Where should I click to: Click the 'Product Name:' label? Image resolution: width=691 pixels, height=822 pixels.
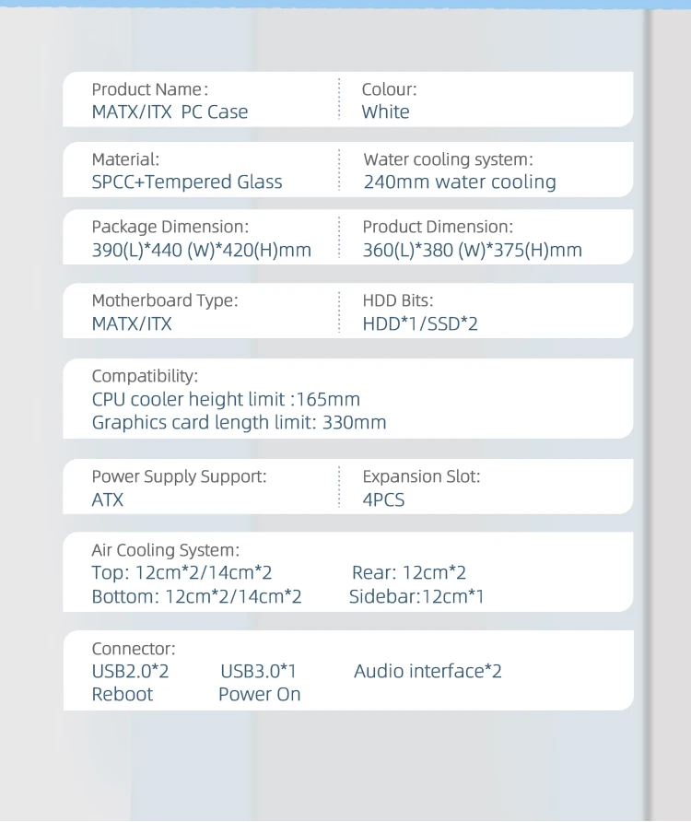[x=149, y=89]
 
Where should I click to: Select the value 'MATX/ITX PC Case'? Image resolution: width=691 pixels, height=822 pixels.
[x=170, y=112]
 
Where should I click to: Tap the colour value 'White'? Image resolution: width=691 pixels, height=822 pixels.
[x=385, y=112]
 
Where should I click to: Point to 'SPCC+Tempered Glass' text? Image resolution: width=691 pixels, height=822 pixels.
[x=187, y=182]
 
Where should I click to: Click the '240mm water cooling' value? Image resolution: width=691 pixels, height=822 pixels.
[x=460, y=182]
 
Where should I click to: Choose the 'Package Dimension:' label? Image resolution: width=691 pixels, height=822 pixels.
[x=170, y=227]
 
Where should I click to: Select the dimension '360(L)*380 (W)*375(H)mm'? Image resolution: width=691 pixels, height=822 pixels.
[x=472, y=251]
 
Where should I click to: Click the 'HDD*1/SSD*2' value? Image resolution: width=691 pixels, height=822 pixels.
[x=420, y=323]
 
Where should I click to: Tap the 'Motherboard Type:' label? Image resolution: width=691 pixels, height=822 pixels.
[x=164, y=300]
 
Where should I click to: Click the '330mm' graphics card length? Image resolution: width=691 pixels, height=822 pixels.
[x=354, y=423]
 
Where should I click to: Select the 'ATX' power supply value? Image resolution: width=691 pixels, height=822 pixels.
[x=107, y=500]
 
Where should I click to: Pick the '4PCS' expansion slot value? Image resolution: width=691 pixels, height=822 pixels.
[x=383, y=500]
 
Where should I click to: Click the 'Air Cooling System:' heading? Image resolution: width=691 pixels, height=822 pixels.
[x=165, y=550]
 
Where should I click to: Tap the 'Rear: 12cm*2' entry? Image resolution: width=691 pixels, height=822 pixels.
[x=409, y=573]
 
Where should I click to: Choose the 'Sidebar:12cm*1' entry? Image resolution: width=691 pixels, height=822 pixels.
[x=416, y=596]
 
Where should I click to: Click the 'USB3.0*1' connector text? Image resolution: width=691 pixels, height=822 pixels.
[x=258, y=671]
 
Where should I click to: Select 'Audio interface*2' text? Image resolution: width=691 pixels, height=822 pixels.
[x=427, y=671]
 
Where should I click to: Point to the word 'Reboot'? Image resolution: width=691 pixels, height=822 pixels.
[x=123, y=694]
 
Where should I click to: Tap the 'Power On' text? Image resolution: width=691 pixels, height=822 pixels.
[x=259, y=694]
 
